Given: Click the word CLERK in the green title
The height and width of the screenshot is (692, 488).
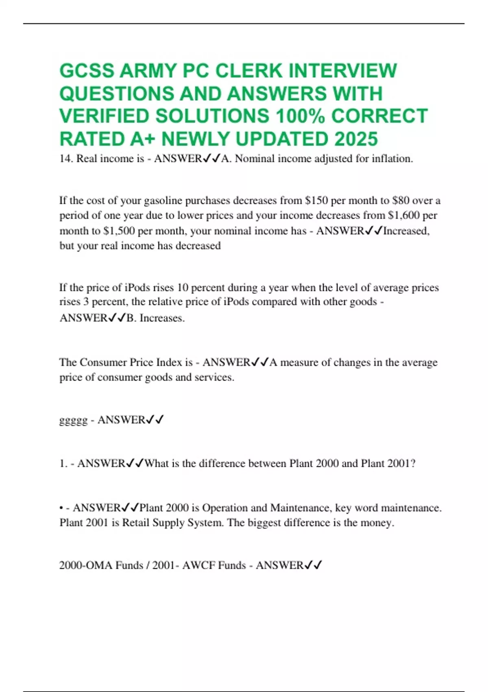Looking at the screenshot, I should tap(248, 70).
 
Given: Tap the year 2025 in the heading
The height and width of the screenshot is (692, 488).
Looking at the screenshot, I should tap(356, 139).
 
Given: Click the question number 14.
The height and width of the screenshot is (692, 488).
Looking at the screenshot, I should tap(66, 159).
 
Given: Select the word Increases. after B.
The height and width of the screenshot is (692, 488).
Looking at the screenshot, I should tap(162, 318).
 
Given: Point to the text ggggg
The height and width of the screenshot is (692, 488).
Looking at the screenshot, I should tap(73, 420).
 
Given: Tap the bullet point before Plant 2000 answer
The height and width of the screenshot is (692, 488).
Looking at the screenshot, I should tap(61, 508).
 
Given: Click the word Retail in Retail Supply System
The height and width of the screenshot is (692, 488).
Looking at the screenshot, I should tap(136, 523).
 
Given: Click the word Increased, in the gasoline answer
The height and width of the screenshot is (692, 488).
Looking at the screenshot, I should tap(406, 231).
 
